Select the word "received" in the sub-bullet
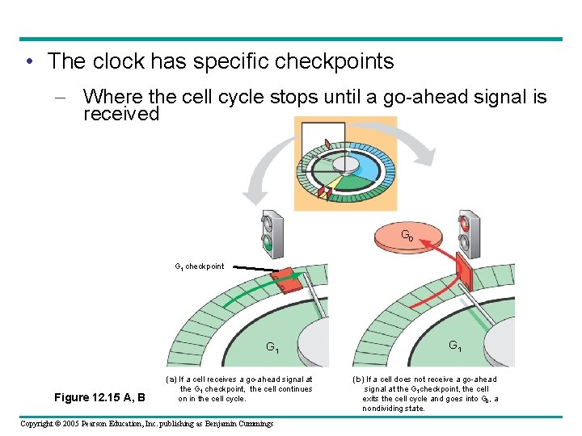coord(121,115)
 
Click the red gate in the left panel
coord(287,279)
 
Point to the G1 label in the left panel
coord(273,348)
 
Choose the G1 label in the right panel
coord(455,346)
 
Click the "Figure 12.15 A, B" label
coord(99,397)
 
